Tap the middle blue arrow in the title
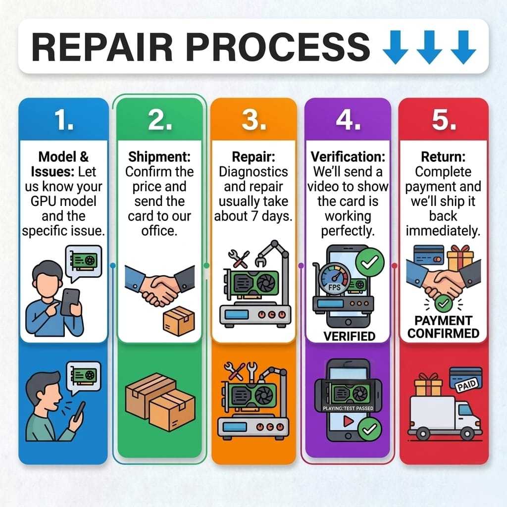[429, 48]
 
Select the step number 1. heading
[63, 120]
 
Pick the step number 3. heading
[253, 120]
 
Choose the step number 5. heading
[443, 120]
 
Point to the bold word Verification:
[348, 157]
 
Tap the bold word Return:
[442, 157]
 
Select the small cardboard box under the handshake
[178, 318]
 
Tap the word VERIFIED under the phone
[349, 337]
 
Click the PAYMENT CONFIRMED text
[443, 327]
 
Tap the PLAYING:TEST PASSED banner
[348, 408]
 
